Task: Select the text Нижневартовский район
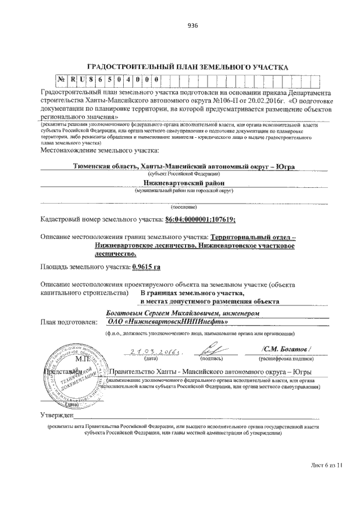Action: pos(183,183)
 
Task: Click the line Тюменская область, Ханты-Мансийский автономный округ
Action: pos(184,166)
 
